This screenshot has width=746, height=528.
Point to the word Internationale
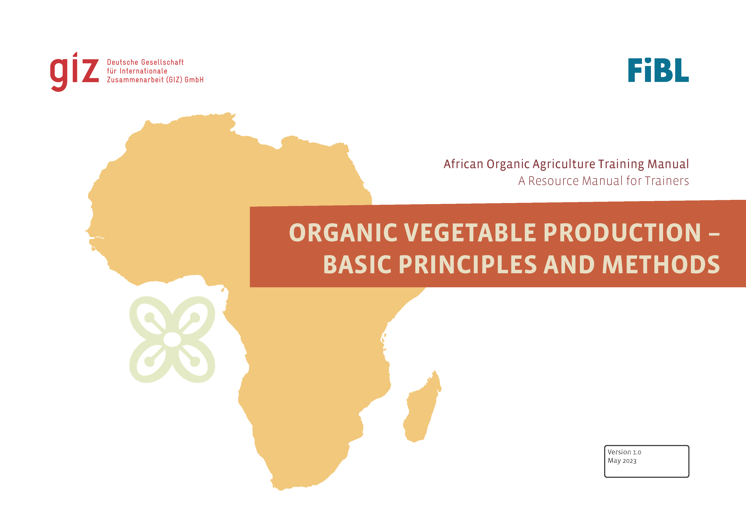click(x=143, y=71)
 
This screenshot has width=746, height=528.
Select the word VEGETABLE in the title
click(x=470, y=233)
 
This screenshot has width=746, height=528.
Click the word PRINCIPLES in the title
click(x=468, y=264)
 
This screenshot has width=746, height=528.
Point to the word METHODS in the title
click(x=661, y=264)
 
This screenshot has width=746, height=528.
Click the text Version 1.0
click(x=624, y=452)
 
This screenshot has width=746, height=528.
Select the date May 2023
click(x=622, y=461)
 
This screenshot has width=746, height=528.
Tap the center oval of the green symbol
click(x=172, y=340)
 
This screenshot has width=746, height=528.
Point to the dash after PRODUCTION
click(x=714, y=233)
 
